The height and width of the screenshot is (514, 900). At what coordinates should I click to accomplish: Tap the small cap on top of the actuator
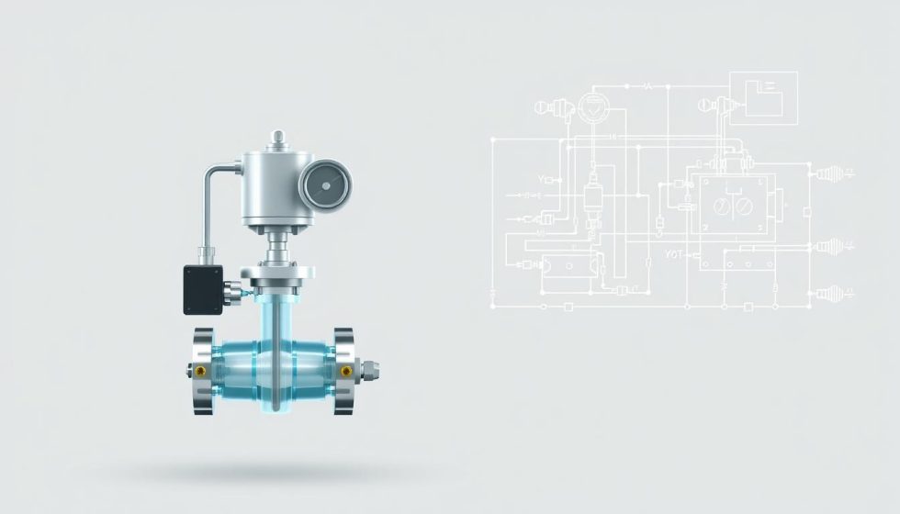pyautogui.click(x=277, y=140)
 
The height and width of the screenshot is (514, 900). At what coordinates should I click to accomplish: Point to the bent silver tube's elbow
pyautogui.click(x=211, y=173)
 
